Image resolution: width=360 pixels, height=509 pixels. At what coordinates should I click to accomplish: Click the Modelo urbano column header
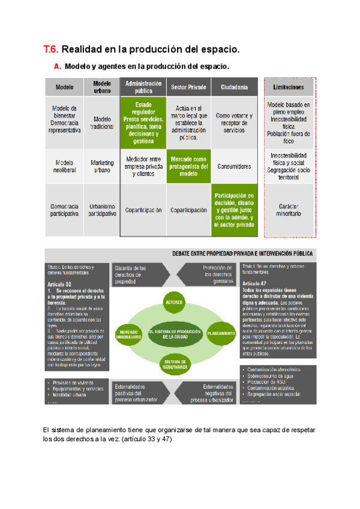(102, 87)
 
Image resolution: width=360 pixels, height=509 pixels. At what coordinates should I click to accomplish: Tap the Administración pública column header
(143, 87)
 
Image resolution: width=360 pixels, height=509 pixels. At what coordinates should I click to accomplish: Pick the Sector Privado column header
(188, 87)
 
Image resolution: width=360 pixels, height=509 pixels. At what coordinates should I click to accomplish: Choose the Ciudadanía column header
(234, 87)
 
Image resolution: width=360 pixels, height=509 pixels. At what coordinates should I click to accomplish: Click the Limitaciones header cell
(289, 87)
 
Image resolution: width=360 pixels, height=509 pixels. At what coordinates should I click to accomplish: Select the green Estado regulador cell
(143, 122)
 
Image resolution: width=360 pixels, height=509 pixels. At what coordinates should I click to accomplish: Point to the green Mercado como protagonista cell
(188, 166)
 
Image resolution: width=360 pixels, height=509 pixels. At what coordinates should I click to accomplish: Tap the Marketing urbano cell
(102, 166)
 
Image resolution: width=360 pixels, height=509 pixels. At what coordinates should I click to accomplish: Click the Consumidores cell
(234, 166)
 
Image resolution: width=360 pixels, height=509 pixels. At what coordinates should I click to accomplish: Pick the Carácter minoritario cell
(289, 210)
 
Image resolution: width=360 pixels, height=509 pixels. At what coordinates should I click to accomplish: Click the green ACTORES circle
(174, 303)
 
